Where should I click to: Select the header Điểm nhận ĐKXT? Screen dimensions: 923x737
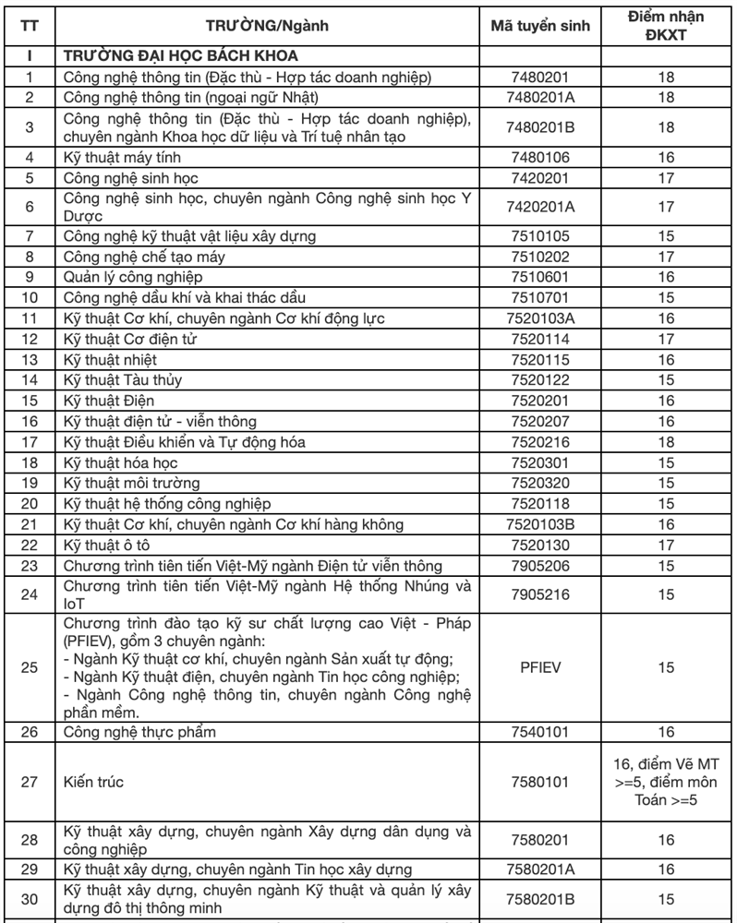click(666, 25)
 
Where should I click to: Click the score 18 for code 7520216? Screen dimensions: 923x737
click(666, 442)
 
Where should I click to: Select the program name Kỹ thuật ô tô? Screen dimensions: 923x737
click(103, 545)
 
